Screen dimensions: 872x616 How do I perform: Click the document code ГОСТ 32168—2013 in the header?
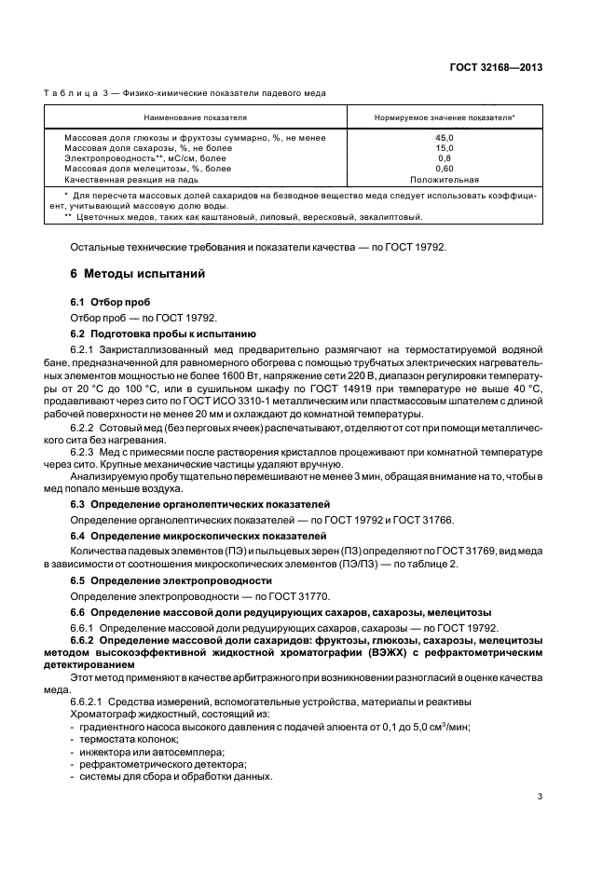498,67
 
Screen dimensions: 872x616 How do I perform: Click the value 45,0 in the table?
445,138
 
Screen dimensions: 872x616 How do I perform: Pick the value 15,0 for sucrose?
445,148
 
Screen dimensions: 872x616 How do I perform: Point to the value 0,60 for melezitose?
445,169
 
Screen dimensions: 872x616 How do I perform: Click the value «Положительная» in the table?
445,180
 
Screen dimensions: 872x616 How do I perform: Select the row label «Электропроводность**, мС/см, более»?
144,158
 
